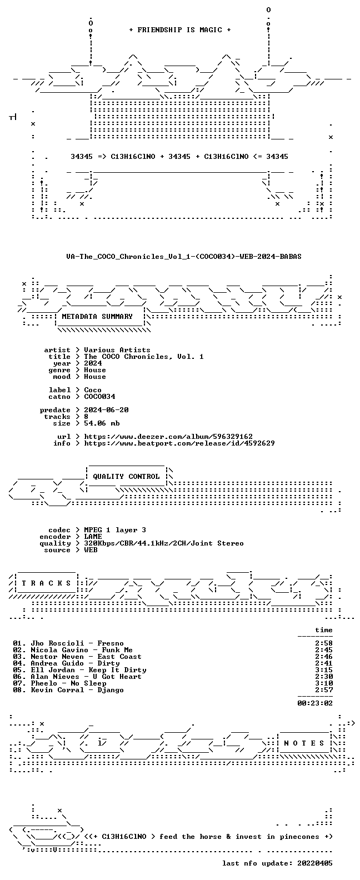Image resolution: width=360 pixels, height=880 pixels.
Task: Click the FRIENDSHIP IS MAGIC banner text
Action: pyautogui.click(x=180, y=30)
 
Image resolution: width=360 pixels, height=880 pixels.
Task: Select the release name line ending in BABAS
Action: pyautogui.click(x=184, y=257)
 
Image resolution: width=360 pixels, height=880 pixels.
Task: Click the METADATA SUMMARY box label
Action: pyautogui.click(x=97, y=316)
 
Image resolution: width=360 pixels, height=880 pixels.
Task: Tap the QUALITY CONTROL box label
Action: pyautogui.click(x=126, y=477)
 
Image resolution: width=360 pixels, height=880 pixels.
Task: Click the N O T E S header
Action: pyautogui.click(x=304, y=743)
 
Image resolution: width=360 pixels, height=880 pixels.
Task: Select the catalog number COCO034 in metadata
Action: pyautogui.click(x=100, y=397)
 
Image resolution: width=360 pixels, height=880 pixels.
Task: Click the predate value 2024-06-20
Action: pyautogui.click(x=106, y=410)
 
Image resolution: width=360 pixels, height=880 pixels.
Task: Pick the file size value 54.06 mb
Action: pyautogui.click(x=102, y=423)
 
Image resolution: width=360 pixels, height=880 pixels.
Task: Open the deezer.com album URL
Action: pyautogui.click(x=168, y=437)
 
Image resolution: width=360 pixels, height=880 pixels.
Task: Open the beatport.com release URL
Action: pyautogui.click(x=179, y=443)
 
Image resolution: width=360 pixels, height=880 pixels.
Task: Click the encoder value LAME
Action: pyautogui.click(x=93, y=537)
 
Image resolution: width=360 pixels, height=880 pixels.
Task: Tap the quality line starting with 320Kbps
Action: pyautogui.click(x=164, y=543)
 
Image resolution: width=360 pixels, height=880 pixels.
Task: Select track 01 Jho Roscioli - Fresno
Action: pyautogui.click(x=68, y=643)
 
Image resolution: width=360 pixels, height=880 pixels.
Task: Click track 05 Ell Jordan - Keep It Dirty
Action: pyautogui.click(x=79, y=670)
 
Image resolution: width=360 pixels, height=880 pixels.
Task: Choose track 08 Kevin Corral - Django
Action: pyautogui.click(x=68, y=690)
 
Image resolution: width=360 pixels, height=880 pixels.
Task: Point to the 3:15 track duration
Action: pyautogui.click(x=324, y=670)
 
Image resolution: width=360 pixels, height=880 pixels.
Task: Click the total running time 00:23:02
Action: pyautogui.click(x=315, y=703)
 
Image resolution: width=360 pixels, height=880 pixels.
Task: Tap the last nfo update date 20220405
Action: pyautogui.click(x=315, y=863)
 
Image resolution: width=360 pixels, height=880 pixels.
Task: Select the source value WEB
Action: pyautogui.click(x=91, y=550)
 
